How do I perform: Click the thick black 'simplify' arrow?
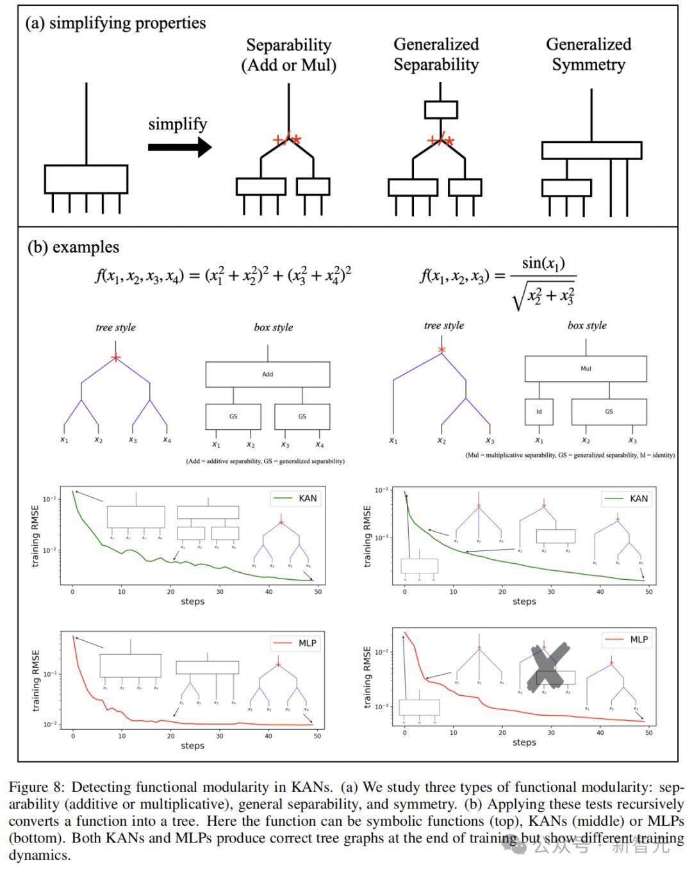tap(179, 147)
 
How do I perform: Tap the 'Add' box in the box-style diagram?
tap(267, 374)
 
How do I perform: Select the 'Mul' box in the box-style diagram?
tap(585, 368)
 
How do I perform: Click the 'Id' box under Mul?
tap(539, 411)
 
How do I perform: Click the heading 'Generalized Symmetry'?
tap(588, 54)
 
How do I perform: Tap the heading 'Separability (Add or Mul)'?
tap(288, 55)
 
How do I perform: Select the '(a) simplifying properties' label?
tap(115, 23)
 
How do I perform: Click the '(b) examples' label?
tap(73, 247)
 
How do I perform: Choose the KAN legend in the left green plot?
tap(295, 498)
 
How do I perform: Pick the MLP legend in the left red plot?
tap(295, 643)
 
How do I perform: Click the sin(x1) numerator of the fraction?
tap(543, 263)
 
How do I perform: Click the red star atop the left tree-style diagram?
tap(115, 358)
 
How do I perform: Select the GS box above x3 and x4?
tap(302, 416)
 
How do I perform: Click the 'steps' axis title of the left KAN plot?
tap(192, 602)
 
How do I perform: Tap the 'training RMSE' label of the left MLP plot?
tap(36, 680)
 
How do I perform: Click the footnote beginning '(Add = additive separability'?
tap(265, 461)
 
